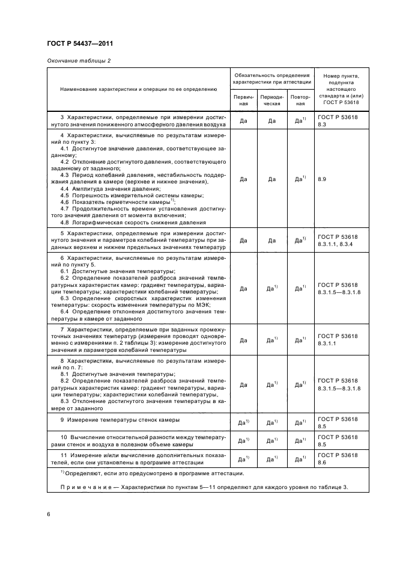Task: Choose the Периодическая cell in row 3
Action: click(x=271, y=120)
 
